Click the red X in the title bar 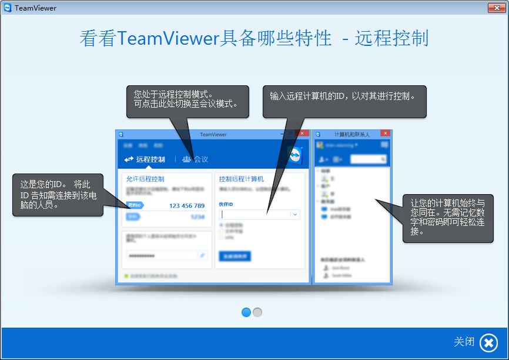(494, 8)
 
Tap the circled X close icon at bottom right (488, 342)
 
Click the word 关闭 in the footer (464, 342)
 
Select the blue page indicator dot (246, 312)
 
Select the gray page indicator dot (257, 312)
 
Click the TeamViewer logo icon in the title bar (7, 8)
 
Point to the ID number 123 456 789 (187, 205)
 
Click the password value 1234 (197, 216)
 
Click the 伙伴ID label (226, 204)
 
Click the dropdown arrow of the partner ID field (295, 215)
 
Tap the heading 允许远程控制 (145, 179)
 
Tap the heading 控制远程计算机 (242, 179)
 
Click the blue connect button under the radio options (235, 256)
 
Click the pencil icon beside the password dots (203, 255)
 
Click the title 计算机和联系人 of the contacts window (351, 135)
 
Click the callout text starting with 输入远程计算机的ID (343, 95)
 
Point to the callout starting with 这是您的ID (56, 195)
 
